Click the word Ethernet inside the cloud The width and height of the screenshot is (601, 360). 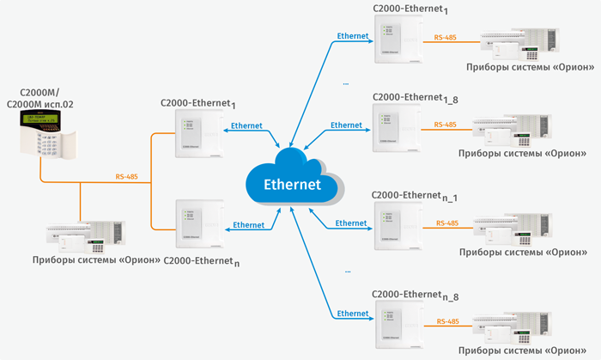(x=292, y=184)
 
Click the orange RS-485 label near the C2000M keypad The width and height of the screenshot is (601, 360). (x=126, y=177)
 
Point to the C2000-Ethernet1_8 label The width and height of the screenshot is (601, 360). (x=415, y=100)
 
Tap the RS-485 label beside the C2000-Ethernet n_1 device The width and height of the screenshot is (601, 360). (x=446, y=223)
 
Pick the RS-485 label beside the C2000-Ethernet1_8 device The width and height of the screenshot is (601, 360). (x=446, y=125)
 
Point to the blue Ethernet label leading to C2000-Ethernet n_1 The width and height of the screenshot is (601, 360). (x=351, y=223)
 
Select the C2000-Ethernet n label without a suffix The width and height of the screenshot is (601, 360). (x=201, y=260)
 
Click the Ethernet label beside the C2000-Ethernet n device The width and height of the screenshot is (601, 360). (x=248, y=225)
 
